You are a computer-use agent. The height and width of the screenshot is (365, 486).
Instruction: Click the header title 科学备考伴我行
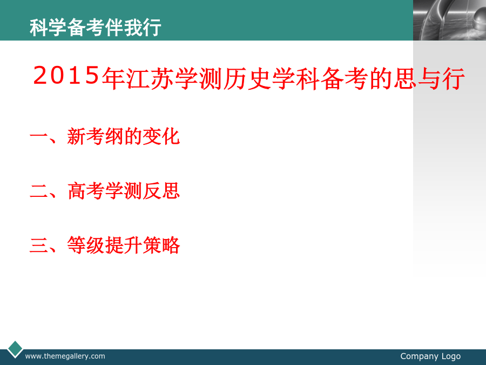[96, 28]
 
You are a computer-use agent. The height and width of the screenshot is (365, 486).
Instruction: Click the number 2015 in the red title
[66, 75]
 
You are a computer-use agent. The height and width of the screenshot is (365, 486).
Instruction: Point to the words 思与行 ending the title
[429, 78]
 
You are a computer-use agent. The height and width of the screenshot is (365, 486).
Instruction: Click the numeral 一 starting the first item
[39, 137]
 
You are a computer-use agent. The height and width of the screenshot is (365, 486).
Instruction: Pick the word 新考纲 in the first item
[95, 137]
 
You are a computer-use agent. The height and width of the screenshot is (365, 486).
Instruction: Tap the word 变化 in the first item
[161, 137]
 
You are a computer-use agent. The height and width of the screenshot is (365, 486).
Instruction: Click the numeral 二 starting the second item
[39, 191]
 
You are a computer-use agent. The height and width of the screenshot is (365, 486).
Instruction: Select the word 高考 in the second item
[86, 191]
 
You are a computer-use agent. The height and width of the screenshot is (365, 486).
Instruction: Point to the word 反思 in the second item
[161, 191]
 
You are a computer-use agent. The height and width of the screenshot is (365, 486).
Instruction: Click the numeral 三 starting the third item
[39, 245]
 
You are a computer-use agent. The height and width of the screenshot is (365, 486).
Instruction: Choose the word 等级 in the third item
[86, 245]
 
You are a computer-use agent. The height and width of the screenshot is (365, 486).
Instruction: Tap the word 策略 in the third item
[161, 245]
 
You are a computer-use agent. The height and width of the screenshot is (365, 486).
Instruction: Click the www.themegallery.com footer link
[65, 356]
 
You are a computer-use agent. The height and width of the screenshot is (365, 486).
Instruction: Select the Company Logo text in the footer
[430, 356]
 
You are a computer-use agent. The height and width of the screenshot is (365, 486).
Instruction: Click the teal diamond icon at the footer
[15, 349]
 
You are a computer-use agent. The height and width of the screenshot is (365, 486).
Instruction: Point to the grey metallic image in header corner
[449, 20]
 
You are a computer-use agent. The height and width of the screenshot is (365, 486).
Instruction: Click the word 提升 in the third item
[123, 245]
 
